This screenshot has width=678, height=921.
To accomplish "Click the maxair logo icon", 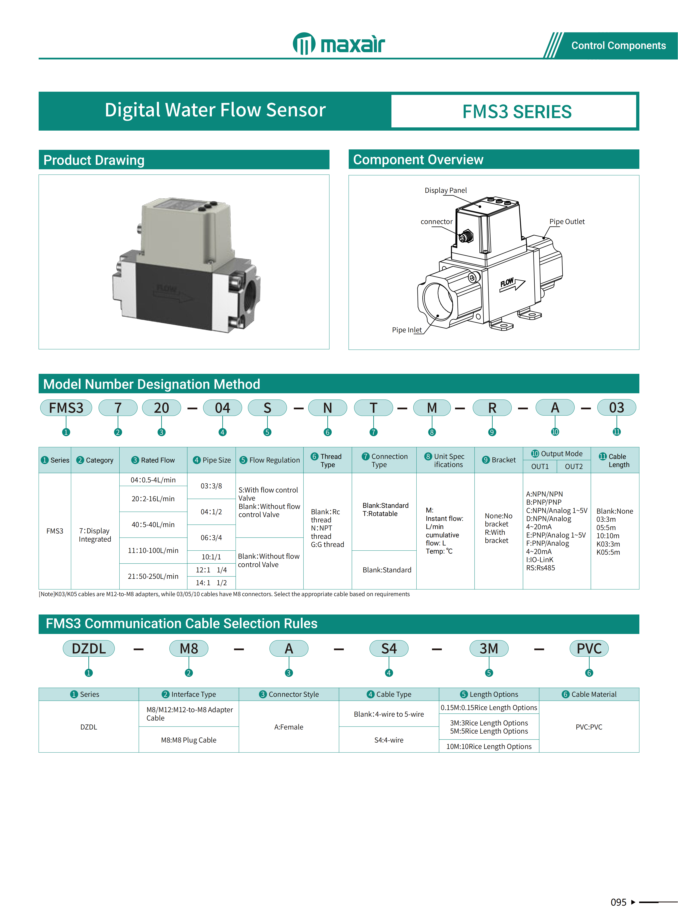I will point(304,44).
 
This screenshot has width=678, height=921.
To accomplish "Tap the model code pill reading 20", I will point(161,408).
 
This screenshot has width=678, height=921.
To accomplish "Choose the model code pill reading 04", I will point(223,408).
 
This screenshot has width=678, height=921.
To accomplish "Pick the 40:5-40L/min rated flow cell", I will point(153,525).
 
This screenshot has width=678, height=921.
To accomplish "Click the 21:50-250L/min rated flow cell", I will point(153,576).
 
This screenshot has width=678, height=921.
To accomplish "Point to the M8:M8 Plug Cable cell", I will point(188,740).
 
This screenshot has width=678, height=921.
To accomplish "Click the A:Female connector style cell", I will point(288,727).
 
